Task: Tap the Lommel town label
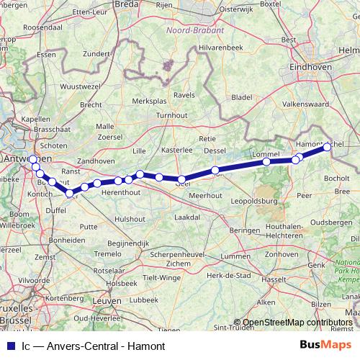[x=266, y=154]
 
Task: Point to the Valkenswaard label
[x=306, y=104]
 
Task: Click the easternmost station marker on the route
[x=327, y=147]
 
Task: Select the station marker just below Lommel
[x=267, y=162]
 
